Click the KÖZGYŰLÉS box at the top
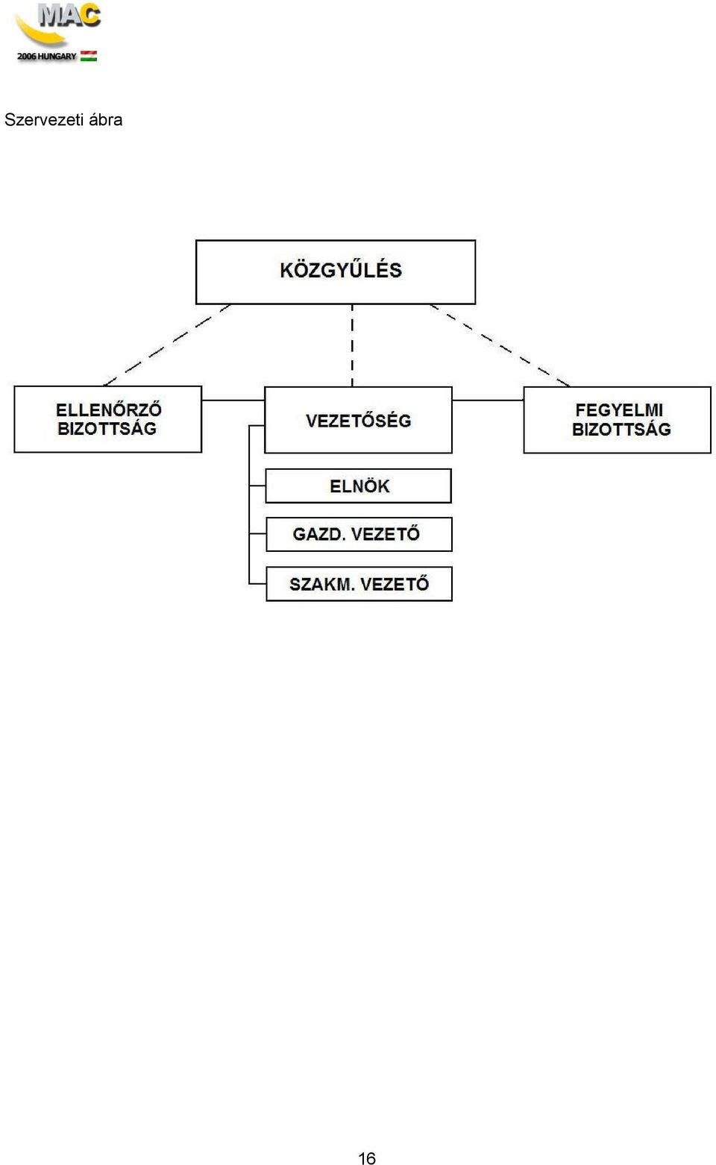[x=336, y=272]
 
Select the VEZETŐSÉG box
[x=358, y=420]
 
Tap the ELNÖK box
[x=358, y=486]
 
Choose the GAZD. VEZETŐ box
[x=359, y=534]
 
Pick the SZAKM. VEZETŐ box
[x=359, y=584]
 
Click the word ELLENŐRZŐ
[x=109, y=409]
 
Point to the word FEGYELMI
[x=619, y=409]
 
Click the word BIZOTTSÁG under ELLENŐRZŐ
[x=107, y=429]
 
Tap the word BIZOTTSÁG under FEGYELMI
[x=621, y=429]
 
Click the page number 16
[x=367, y=1158]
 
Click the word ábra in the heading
[x=106, y=119]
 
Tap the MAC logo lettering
[x=69, y=15]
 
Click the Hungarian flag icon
[x=89, y=56]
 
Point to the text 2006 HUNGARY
[x=47, y=56]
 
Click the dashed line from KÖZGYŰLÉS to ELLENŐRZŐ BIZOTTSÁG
[x=167, y=345]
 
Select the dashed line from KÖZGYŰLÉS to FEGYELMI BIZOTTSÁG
[x=500, y=345]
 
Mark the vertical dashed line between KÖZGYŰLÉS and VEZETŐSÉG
[x=352, y=345]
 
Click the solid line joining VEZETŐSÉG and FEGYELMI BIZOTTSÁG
[x=488, y=400]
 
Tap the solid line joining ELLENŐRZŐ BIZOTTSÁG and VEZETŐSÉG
[x=233, y=400]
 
